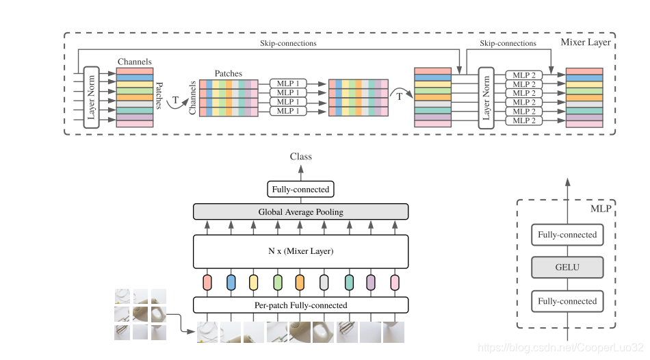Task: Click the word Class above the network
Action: click(300, 157)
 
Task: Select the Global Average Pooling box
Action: click(300, 212)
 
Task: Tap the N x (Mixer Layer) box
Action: click(300, 251)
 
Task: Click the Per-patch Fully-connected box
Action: click(300, 305)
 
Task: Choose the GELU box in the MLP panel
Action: click(567, 268)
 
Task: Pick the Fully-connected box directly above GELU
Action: click(567, 235)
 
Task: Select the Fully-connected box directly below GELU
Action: click(567, 301)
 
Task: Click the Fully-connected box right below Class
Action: click(300, 190)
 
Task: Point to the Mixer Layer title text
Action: click(585, 42)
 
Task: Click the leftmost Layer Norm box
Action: click(92, 97)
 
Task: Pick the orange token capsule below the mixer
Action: click(300, 281)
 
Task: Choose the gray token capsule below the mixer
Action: click(324, 281)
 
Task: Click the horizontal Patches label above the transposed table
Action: click(228, 73)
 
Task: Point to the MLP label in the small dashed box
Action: click(600, 208)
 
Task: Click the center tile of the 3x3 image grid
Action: click(140, 314)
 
